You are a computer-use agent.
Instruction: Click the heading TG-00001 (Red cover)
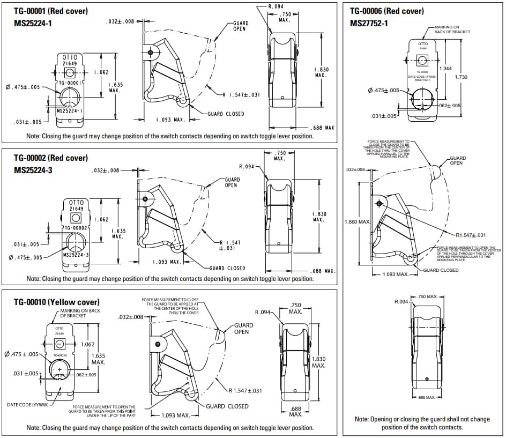51,11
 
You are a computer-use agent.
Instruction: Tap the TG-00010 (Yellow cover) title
56,302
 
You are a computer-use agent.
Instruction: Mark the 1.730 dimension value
460,77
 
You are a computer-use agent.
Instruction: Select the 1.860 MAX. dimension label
358,221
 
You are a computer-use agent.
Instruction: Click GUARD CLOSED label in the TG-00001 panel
226,114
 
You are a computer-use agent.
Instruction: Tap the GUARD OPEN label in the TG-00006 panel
458,160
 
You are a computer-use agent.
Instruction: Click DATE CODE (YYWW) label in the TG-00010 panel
27,404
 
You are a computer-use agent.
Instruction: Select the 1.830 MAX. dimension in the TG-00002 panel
319,217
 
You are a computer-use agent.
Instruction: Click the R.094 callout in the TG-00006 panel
401,302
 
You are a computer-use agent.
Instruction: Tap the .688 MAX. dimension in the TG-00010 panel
295,412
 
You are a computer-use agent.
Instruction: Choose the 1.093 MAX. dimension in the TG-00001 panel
170,119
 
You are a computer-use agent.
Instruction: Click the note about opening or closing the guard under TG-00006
422,423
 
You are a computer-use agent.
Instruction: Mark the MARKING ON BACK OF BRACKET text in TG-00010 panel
80,313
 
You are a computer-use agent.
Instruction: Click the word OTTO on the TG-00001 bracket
70,57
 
